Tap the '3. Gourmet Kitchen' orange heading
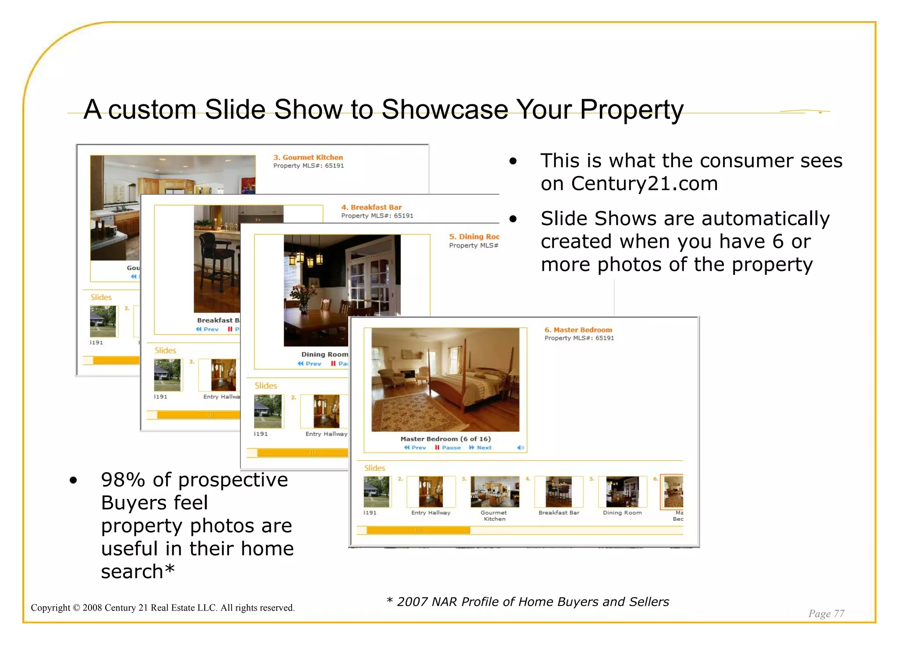coord(308,157)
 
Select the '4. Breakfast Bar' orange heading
coord(371,207)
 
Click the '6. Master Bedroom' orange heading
coord(578,330)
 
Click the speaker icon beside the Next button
coord(520,448)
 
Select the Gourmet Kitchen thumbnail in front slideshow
coord(494,492)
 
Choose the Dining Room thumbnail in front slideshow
coord(622,492)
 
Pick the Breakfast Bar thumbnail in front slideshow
coord(559,492)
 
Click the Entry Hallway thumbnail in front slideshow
coord(431,492)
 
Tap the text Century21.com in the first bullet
coord(645,184)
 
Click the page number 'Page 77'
coord(826,613)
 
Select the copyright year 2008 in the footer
coord(93,608)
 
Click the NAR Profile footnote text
coord(532,602)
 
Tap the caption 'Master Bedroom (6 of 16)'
coord(445,439)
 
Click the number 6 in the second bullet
coord(778,242)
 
